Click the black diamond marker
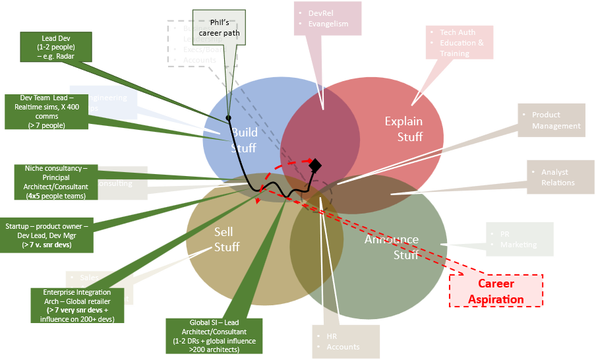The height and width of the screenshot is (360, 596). pyautogui.click(x=315, y=165)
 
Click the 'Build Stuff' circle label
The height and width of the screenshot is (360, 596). pyautogui.click(x=243, y=140)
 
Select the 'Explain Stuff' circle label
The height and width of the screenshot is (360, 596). pyautogui.click(x=403, y=129)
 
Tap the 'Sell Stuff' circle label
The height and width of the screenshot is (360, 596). pyautogui.click(x=226, y=239)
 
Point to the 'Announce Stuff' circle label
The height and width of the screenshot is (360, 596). pyautogui.click(x=392, y=247)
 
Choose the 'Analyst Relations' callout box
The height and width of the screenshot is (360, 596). pyautogui.click(x=558, y=177)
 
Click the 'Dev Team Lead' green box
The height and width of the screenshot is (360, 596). pyautogui.click(x=46, y=111)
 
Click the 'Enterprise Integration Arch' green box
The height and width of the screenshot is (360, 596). pyautogui.click(x=77, y=305)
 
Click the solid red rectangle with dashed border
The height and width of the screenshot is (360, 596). pyautogui.click(x=496, y=290)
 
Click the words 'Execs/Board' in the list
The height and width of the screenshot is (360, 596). pyautogui.click(x=205, y=49)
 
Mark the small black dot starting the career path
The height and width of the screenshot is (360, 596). pyautogui.click(x=228, y=117)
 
